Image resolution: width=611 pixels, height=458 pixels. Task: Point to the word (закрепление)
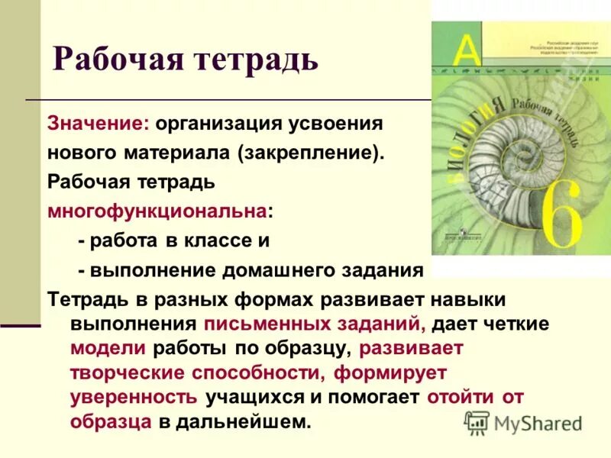click(x=309, y=153)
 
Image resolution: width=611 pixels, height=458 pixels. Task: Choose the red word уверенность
click(x=134, y=397)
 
